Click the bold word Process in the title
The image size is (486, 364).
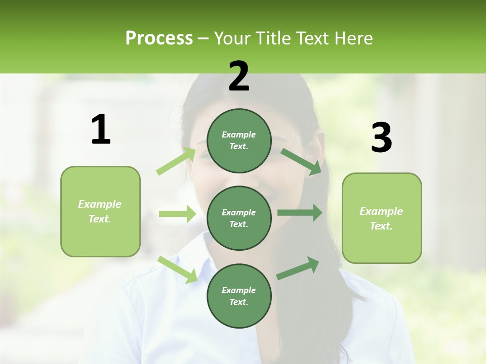pos(159,38)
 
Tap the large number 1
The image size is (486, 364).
pos(101,130)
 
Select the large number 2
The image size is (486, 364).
pos(239,76)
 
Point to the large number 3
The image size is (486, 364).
pos(381,138)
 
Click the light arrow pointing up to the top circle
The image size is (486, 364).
pos(176,161)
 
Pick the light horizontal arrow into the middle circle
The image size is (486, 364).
pos(177,214)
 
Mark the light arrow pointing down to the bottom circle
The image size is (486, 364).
pos(177,269)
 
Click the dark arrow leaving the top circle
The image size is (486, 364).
pos(301,161)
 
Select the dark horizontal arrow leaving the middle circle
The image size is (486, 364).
pos(300,213)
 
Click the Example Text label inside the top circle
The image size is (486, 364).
pos(239,141)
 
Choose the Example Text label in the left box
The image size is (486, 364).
pos(100,211)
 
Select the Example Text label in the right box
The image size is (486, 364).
pos(381,218)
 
